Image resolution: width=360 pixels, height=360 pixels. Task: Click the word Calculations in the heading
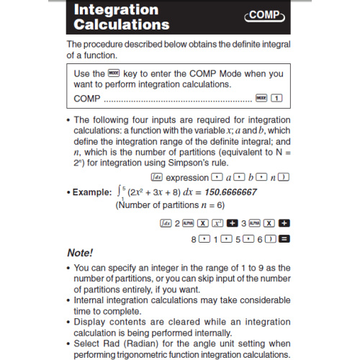click(x=122, y=25)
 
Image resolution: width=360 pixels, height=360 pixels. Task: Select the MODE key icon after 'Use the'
click(x=114, y=73)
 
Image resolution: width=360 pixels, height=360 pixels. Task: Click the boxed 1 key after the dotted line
click(x=277, y=97)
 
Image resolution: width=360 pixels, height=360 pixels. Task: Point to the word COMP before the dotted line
click(x=88, y=97)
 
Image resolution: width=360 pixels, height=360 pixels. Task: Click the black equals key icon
click(x=284, y=238)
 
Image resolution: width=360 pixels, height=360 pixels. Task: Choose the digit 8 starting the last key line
click(x=194, y=238)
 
